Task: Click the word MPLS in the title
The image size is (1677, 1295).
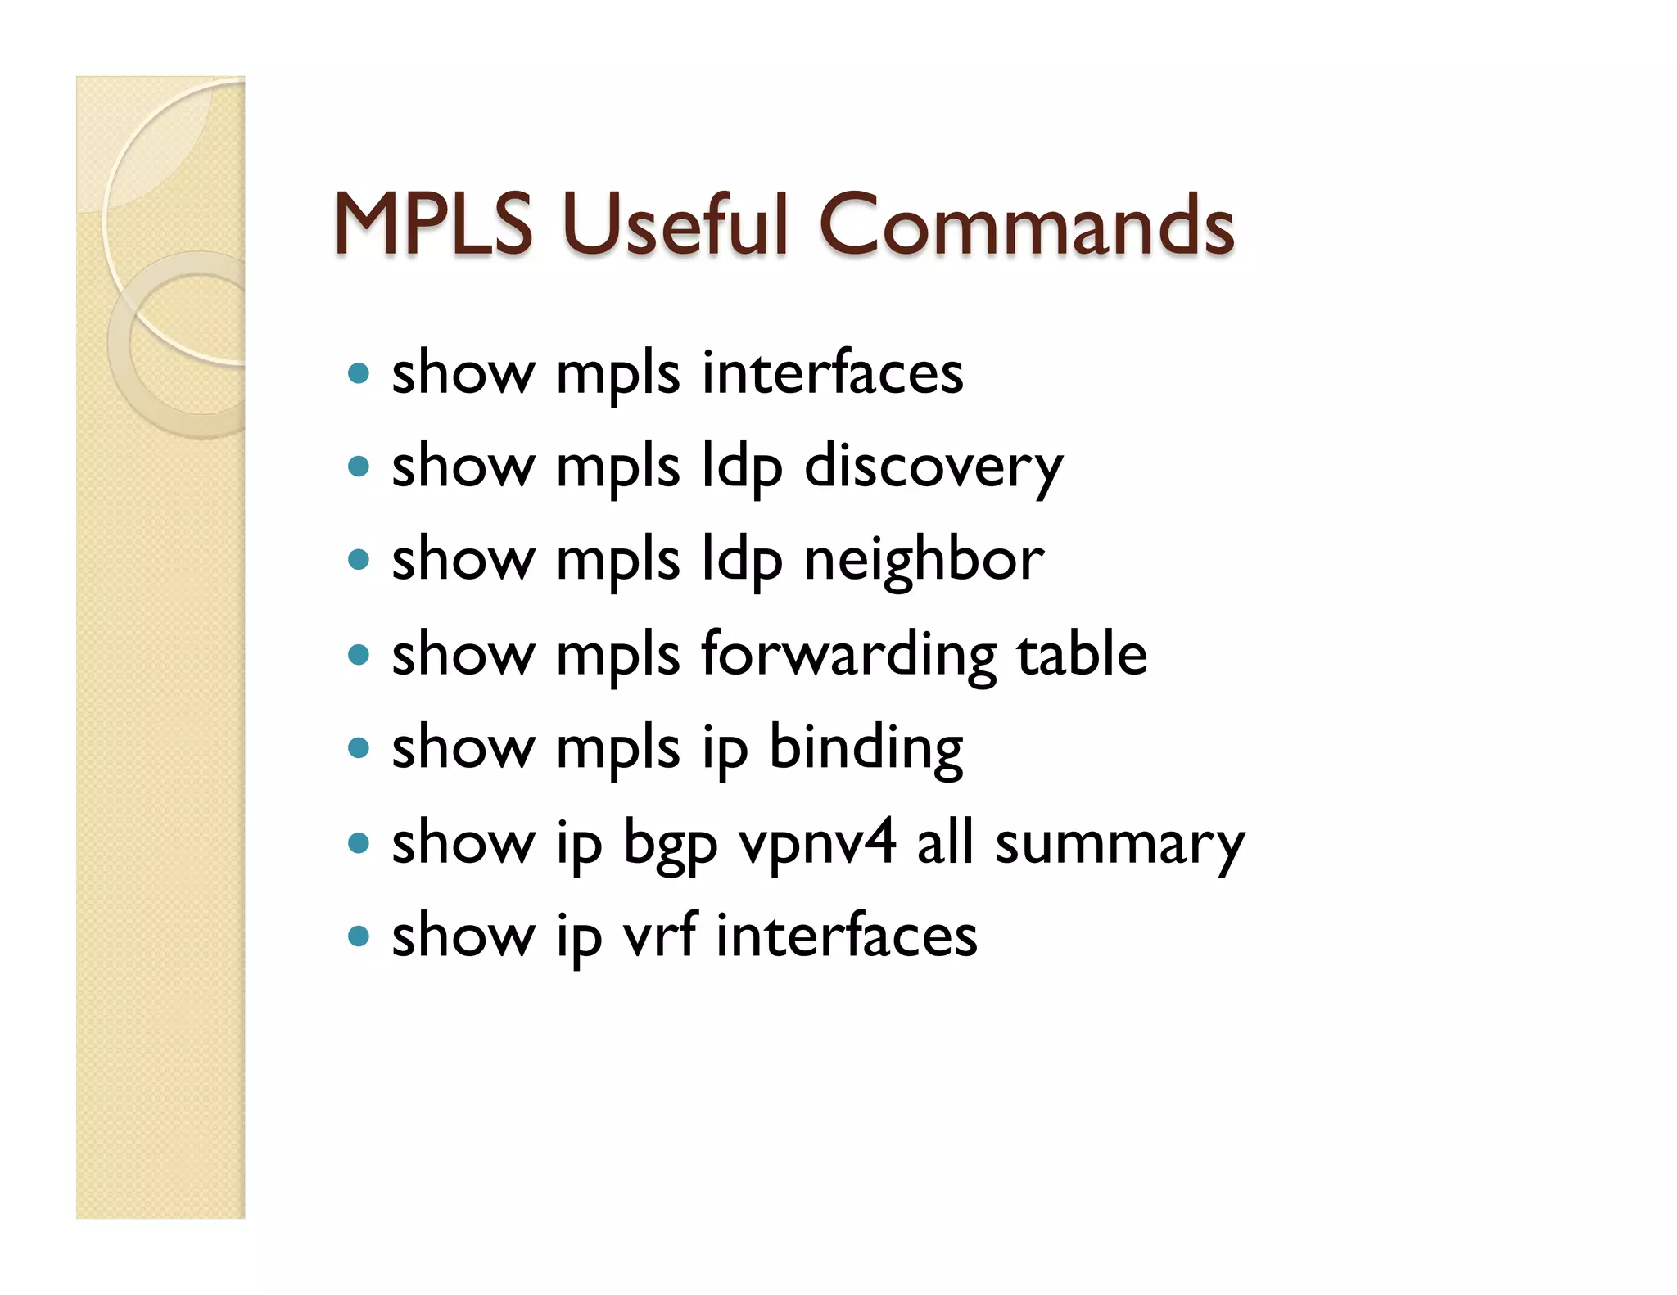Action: (x=432, y=224)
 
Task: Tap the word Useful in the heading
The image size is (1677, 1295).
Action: (x=675, y=223)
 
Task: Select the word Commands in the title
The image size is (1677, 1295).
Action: (x=1026, y=224)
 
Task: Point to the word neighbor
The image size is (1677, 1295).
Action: (x=924, y=561)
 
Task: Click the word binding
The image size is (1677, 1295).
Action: (x=866, y=748)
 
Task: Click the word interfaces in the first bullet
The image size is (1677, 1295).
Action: (x=832, y=373)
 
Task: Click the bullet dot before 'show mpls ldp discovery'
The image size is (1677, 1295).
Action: (x=358, y=467)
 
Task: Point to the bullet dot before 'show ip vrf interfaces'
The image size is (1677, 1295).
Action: (x=358, y=936)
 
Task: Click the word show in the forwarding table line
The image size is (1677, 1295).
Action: (x=463, y=655)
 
